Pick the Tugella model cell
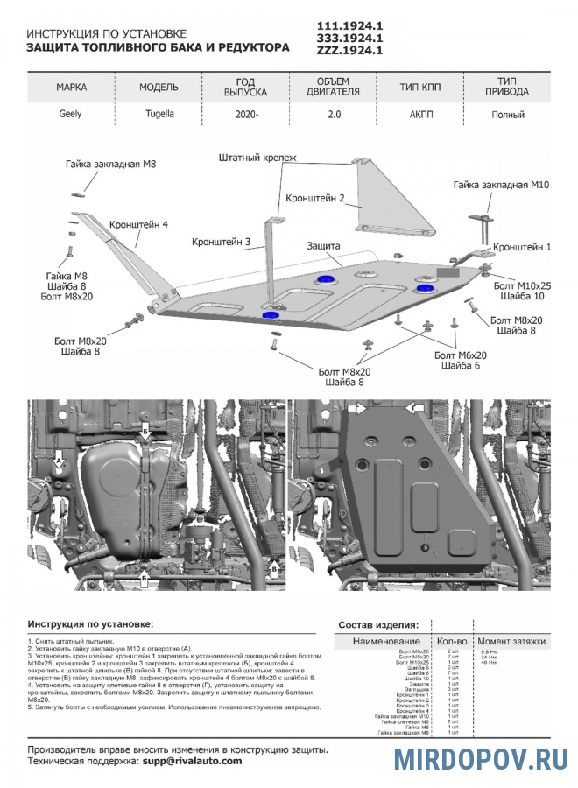(x=159, y=114)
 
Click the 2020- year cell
(x=248, y=114)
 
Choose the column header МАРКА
(x=71, y=88)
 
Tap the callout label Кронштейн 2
(x=316, y=198)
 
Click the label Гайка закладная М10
(x=500, y=185)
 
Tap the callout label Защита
(x=324, y=246)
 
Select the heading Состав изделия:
(x=377, y=624)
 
